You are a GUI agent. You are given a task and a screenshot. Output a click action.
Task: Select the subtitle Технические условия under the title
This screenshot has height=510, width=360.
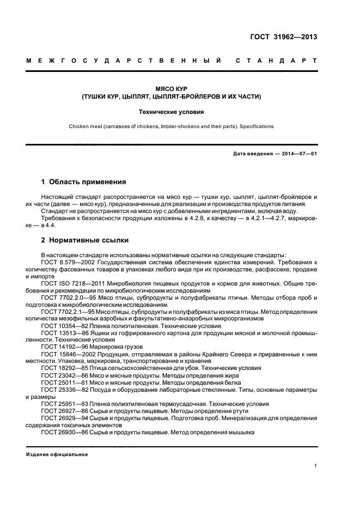[172, 112]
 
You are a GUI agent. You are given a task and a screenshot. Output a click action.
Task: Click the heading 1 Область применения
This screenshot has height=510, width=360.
[84, 181]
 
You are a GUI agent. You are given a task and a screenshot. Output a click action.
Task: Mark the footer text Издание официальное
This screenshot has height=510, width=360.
[57, 454]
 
